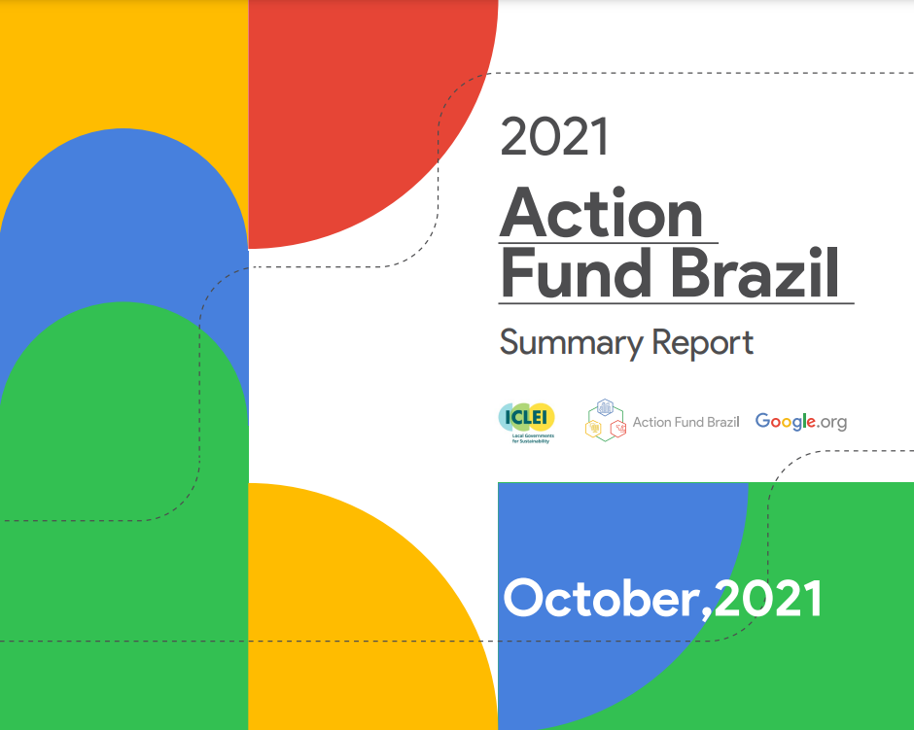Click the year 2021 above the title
[x=554, y=136]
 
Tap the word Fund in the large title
[x=576, y=272]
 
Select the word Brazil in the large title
[x=755, y=272]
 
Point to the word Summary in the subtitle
[x=570, y=343]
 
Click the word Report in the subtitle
[x=702, y=342]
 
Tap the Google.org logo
[x=801, y=421]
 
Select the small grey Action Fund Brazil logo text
[x=686, y=422]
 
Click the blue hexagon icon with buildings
[x=605, y=407]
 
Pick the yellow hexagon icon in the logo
[x=593, y=429]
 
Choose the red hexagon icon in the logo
[x=617, y=430]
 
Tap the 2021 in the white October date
[x=768, y=599]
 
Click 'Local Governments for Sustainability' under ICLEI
[x=532, y=438]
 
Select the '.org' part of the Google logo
[x=831, y=423]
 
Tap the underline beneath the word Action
[x=608, y=242]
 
